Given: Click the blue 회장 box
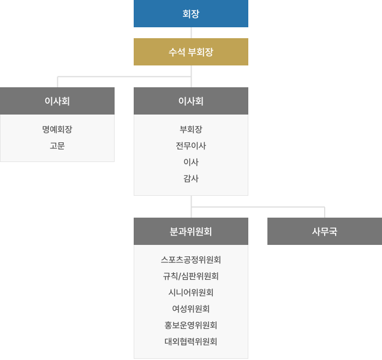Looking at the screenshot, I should pyautogui.click(x=191, y=14).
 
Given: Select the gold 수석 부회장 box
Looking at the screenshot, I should pyautogui.click(x=191, y=52).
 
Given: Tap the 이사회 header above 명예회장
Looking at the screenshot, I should pyautogui.click(x=57, y=101).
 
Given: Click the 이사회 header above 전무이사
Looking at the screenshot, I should pyautogui.click(x=191, y=101).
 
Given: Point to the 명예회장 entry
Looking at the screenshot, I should pyautogui.click(x=57, y=130).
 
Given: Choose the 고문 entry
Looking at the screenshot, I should pyautogui.click(x=57, y=146).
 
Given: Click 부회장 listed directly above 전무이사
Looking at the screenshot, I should pyautogui.click(x=191, y=130).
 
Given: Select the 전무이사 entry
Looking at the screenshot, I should pyautogui.click(x=191, y=146).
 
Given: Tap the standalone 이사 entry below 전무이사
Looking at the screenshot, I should pyautogui.click(x=191, y=162).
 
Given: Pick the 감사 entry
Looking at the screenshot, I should pyautogui.click(x=191, y=178).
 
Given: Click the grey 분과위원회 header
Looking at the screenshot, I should pyautogui.click(x=191, y=231).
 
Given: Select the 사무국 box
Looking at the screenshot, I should pyautogui.click(x=325, y=231).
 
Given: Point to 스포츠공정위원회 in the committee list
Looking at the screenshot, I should pyautogui.click(x=191, y=260).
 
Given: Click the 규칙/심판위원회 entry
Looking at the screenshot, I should pyautogui.click(x=191, y=276).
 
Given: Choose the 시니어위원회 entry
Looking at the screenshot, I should pyautogui.click(x=191, y=292).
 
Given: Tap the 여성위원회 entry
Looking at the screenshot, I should pyautogui.click(x=191, y=309).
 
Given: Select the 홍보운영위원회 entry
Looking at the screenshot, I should pyautogui.click(x=191, y=325).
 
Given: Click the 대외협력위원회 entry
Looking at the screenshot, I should pyautogui.click(x=191, y=341).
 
